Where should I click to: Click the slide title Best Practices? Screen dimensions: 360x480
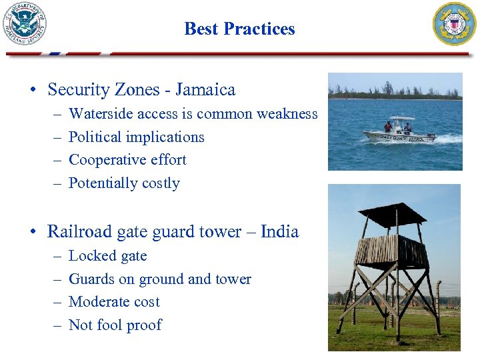(239, 29)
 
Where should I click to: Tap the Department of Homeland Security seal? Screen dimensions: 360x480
(25, 25)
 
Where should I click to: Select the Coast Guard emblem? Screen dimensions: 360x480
(455, 24)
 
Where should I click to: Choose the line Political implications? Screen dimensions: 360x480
(136, 137)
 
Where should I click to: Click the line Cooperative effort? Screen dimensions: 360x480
(127, 160)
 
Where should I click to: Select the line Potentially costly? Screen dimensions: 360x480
(124, 183)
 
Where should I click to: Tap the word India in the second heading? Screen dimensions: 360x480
(279, 232)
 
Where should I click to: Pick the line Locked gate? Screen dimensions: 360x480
(107, 256)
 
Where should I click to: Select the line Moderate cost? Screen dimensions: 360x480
(114, 302)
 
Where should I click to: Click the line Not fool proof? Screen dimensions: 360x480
(115, 325)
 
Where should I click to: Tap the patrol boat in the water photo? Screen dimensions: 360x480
(398, 132)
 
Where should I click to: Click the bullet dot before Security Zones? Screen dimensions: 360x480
(33, 90)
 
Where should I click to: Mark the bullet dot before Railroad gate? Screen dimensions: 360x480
(33, 233)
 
